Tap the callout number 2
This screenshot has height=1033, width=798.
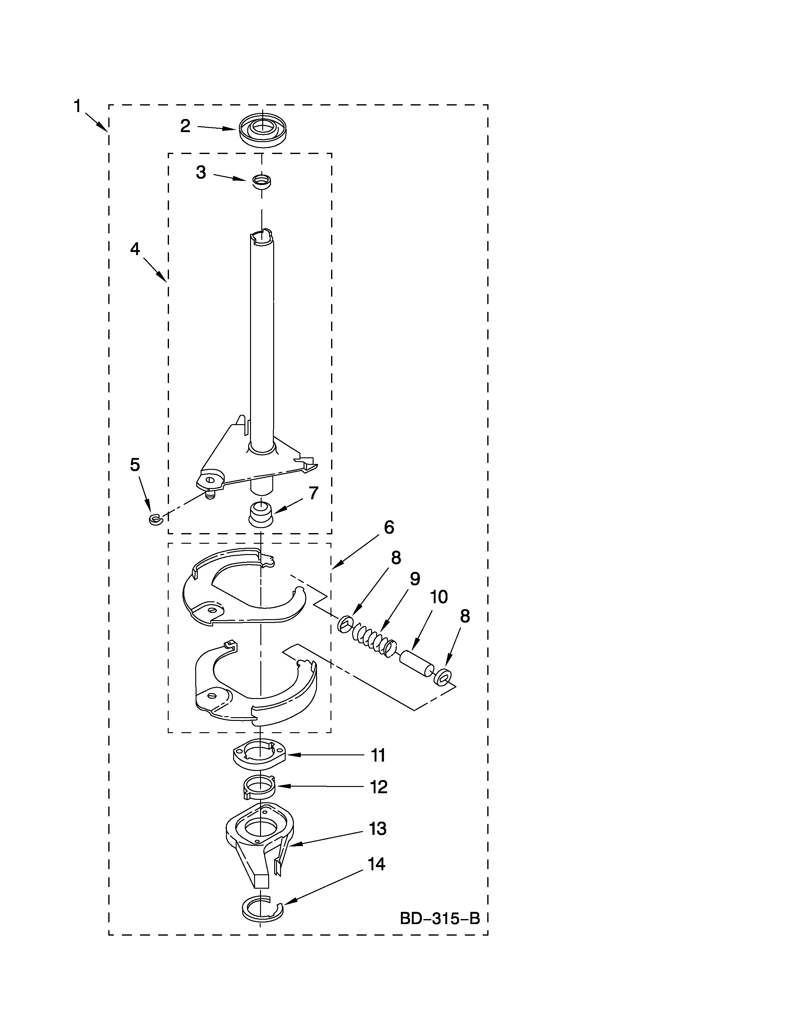click(185, 126)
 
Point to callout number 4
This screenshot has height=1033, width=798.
click(135, 249)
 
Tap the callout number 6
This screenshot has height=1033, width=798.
click(389, 527)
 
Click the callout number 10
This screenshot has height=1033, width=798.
click(439, 597)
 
